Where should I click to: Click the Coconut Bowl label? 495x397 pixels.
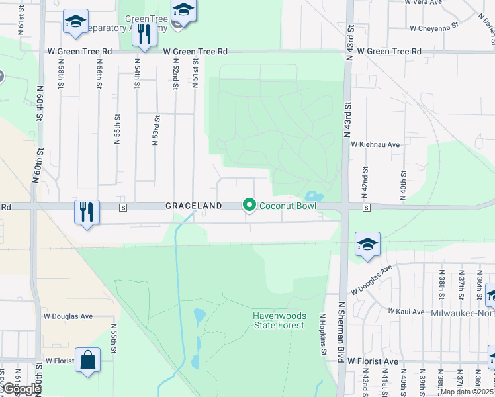point(288,206)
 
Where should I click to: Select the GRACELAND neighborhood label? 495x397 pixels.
point(193,206)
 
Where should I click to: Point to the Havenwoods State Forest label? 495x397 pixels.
point(279,320)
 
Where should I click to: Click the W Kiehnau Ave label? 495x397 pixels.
point(375,144)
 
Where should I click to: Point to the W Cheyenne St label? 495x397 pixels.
point(434,28)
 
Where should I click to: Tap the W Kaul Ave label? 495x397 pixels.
point(406,310)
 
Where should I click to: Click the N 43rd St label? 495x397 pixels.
point(348,121)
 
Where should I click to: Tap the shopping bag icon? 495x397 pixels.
point(87,361)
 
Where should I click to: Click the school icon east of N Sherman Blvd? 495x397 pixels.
point(367,244)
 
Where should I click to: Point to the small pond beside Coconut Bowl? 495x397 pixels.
point(312,196)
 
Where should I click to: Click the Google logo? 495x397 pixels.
point(21,389)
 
